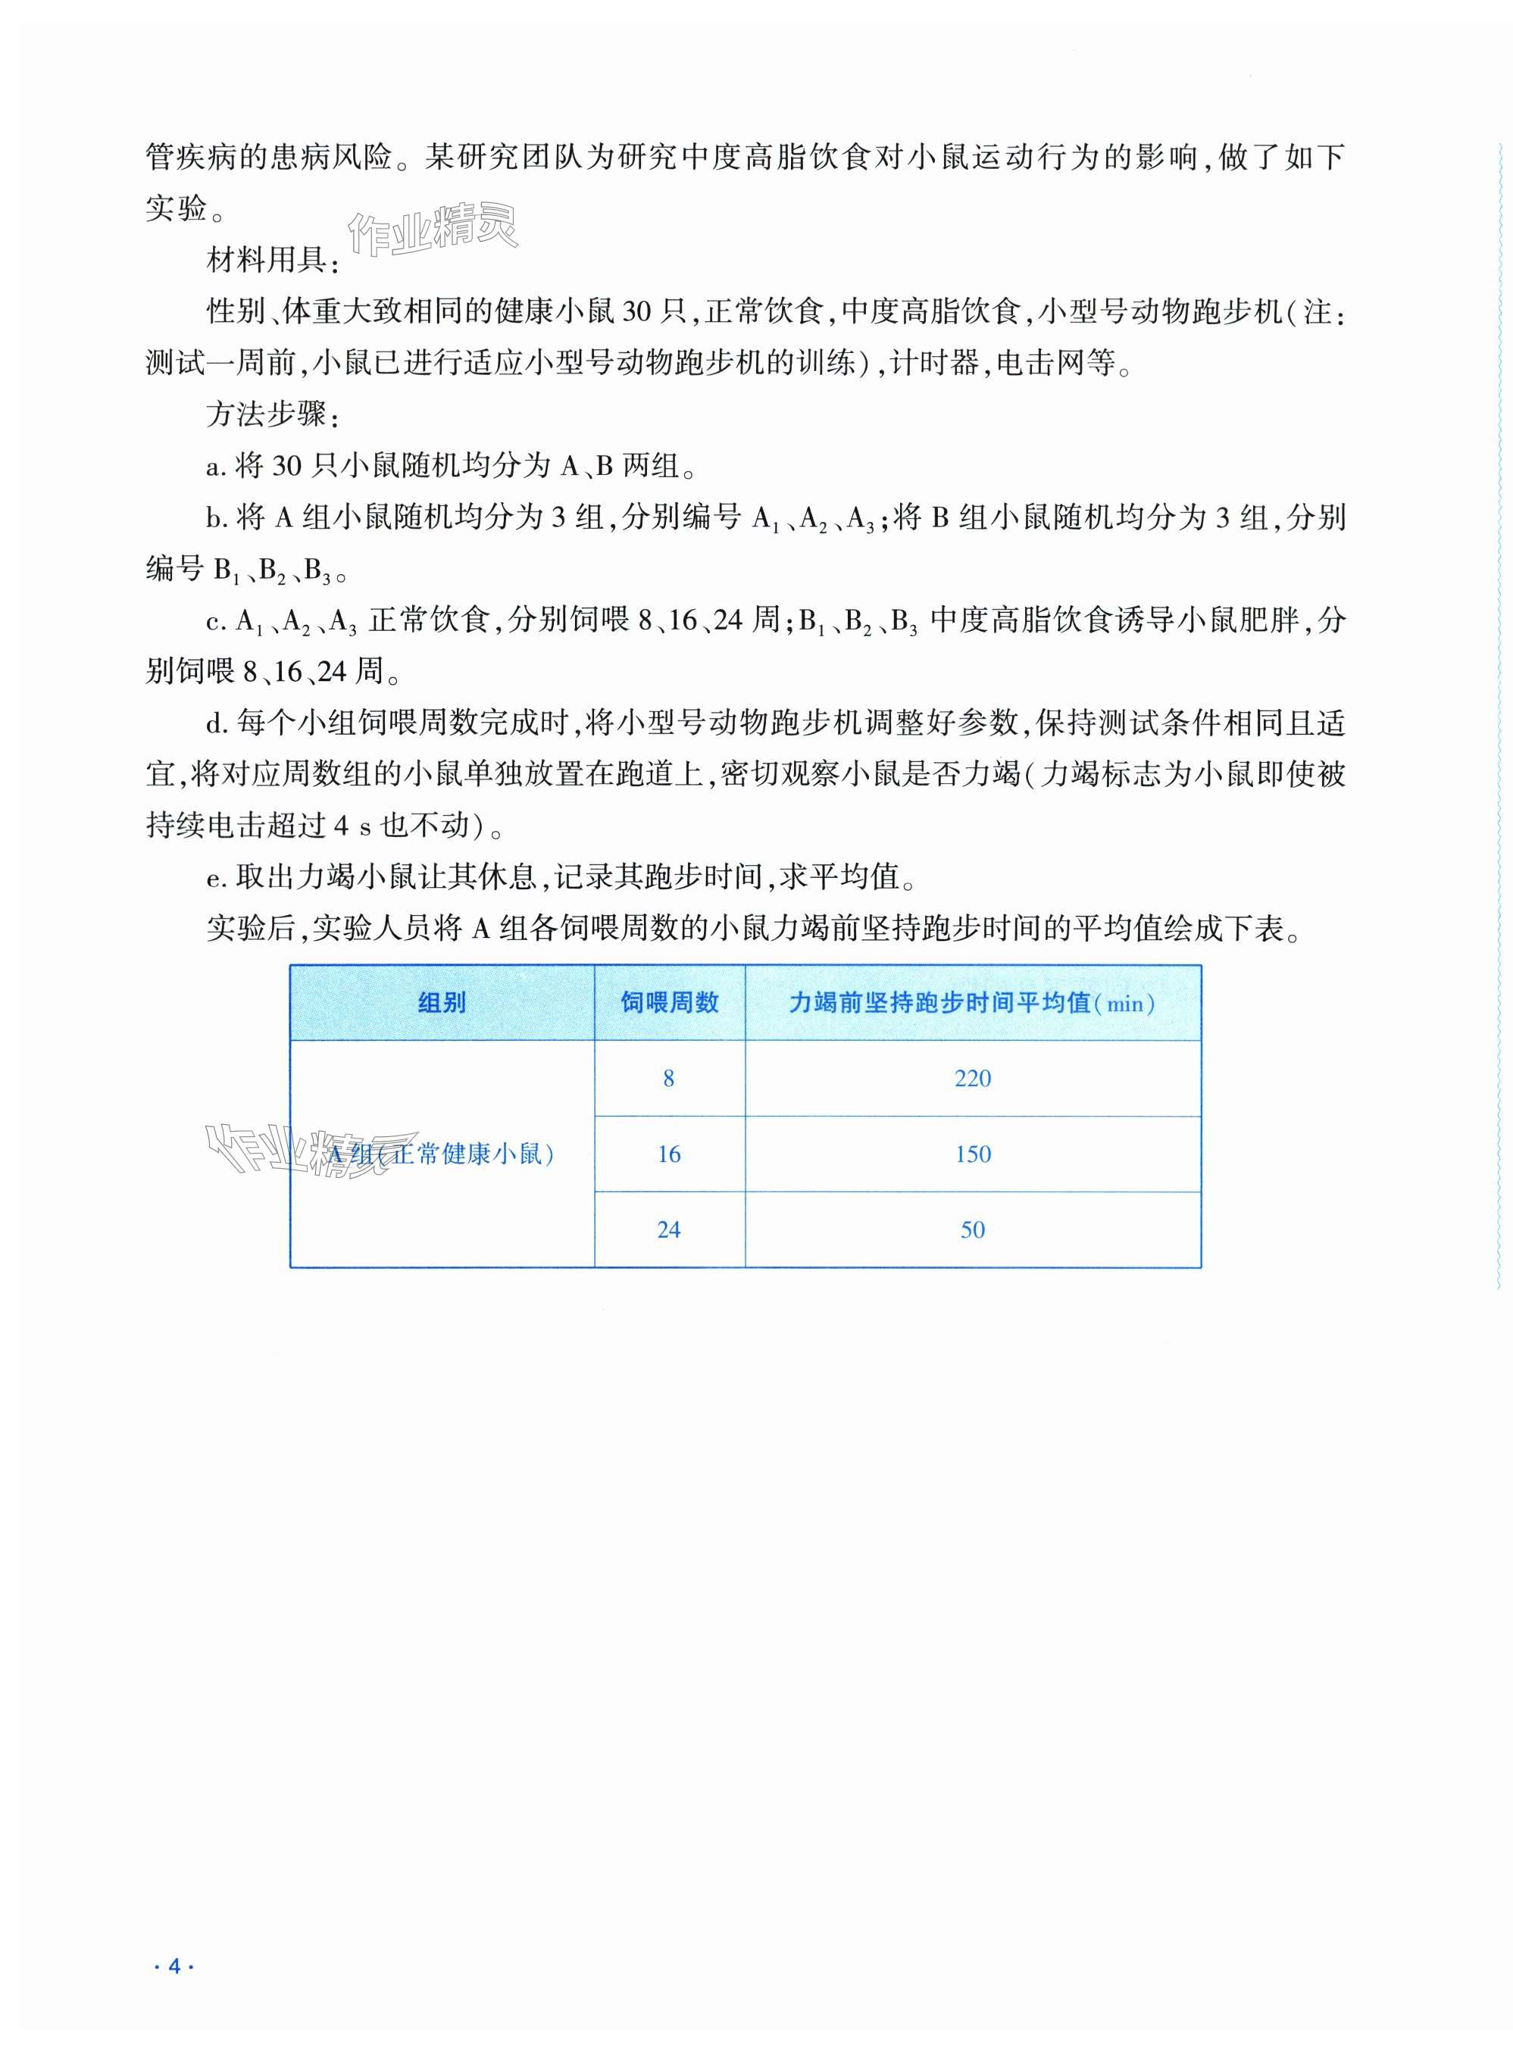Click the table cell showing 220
pos(972,1079)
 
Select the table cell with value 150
pos(972,1154)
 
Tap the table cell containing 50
pos(972,1229)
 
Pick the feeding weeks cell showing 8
pos(668,1079)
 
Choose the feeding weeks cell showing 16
pos(668,1154)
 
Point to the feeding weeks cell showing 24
pos(668,1229)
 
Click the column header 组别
pos(442,1004)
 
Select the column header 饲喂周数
pos(668,1004)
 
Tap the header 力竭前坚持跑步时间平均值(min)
pos(972,1004)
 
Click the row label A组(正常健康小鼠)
pos(442,1154)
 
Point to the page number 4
pos(175,1958)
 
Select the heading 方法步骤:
pos(273,416)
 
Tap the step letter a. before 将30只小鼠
pos(216,468)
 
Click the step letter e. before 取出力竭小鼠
pos(216,879)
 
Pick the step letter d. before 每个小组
pos(216,724)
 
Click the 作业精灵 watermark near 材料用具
pos(434,229)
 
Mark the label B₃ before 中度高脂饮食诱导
pos(903,623)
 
